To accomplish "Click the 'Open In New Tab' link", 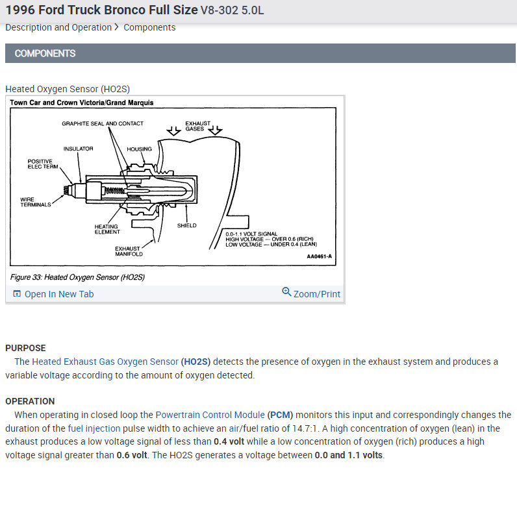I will coord(58,294).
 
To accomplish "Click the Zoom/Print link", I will coord(316,294).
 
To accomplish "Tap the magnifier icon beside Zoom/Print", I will coord(286,292).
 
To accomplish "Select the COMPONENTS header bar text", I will coord(45,53).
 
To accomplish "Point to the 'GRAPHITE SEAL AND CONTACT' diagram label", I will coord(103,123).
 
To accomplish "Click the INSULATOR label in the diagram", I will coord(78,149).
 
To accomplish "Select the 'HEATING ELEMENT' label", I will coord(107,229).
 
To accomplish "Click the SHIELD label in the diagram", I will coord(186,226).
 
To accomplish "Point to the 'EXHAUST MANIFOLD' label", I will coord(129,251).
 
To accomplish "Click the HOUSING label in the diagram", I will coord(139,149).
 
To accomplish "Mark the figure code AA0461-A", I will coord(319,256).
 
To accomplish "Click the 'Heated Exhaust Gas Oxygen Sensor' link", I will coord(105,362).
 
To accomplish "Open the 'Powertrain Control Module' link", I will coord(210,415).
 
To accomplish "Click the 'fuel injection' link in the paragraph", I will coord(94,428).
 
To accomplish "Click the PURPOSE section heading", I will coord(25,348).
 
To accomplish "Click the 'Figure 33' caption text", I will coord(77,277).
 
